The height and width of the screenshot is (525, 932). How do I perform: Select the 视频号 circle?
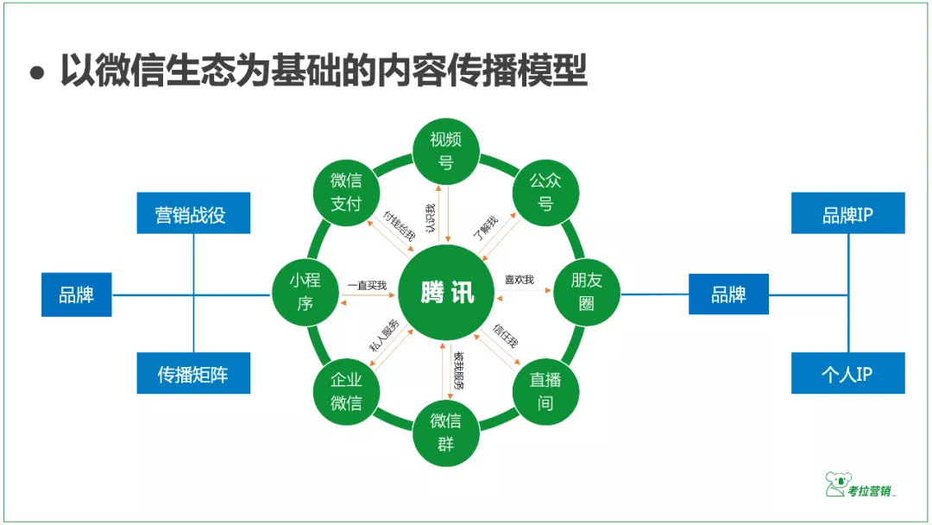tap(446, 150)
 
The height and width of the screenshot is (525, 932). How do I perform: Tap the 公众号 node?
tap(545, 192)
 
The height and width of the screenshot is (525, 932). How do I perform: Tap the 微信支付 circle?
tap(346, 192)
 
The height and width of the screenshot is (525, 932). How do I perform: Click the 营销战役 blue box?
tap(193, 213)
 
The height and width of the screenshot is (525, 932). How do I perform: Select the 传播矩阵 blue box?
tap(193, 374)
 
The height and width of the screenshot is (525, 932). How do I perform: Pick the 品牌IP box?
tap(847, 213)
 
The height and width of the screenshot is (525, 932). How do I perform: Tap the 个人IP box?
tap(847, 374)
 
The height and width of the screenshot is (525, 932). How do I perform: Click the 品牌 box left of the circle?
tap(77, 294)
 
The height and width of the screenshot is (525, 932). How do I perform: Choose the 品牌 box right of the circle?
tap(728, 294)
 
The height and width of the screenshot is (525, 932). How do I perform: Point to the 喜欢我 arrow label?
tap(520, 280)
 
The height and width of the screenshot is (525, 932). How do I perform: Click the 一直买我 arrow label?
tap(367, 284)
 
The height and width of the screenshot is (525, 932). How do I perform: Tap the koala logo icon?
tap(835, 484)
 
